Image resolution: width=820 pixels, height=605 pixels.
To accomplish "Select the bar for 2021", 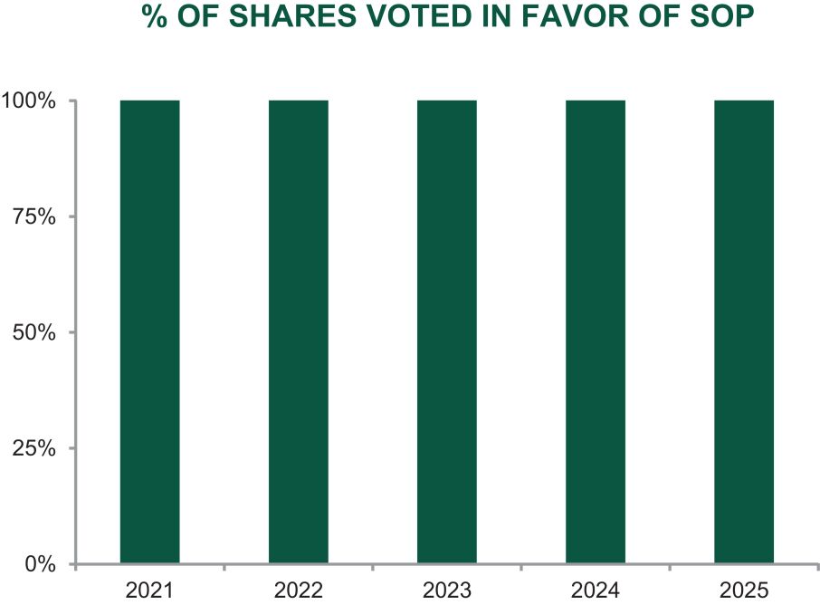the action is pyautogui.click(x=149, y=331).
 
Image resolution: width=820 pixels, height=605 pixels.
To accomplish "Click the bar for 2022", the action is pyautogui.click(x=298, y=331).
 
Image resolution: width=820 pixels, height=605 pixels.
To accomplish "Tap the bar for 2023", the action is pyautogui.click(x=446, y=331).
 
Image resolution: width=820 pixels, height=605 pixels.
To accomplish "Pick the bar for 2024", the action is pyautogui.click(x=596, y=331).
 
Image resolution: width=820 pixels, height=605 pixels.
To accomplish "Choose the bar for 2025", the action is pyautogui.click(x=744, y=331).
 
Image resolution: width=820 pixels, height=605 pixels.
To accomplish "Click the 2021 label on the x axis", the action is pyautogui.click(x=149, y=591).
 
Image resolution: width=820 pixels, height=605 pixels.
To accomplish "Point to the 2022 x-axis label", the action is pyautogui.click(x=298, y=591).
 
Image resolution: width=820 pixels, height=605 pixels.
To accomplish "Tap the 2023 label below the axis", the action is pyautogui.click(x=446, y=591).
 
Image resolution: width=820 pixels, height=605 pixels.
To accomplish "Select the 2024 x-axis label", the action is pyautogui.click(x=596, y=591).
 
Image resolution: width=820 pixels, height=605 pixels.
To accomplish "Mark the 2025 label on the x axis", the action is pyautogui.click(x=744, y=591).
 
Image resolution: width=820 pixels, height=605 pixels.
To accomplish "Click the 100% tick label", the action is pyautogui.click(x=28, y=101).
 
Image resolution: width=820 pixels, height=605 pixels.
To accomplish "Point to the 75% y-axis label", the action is pyautogui.click(x=34, y=216).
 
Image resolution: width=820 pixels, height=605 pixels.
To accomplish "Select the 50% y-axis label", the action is pyautogui.click(x=34, y=332).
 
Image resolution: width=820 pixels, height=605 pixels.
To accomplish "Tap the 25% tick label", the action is pyautogui.click(x=34, y=448).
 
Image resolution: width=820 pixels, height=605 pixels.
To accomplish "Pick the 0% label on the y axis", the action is pyautogui.click(x=40, y=564).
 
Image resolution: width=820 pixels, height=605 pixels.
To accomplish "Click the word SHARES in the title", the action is pyautogui.click(x=293, y=15).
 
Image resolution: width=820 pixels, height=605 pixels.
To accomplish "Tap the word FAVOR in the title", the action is pyautogui.click(x=579, y=15).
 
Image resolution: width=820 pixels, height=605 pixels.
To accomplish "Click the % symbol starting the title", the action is pyautogui.click(x=155, y=15).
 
